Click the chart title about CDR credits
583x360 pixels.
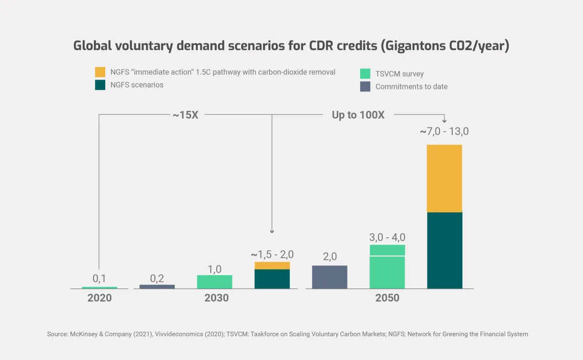click(x=291, y=46)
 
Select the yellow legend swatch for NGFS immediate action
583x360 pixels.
click(x=100, y=72)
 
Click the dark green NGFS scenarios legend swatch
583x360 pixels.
click(x=100, y=85)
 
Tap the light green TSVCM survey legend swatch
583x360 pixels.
click(x=365, y=74)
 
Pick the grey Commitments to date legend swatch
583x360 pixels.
click(x=365, y=86)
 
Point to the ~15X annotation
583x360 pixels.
click(x=185, y=115)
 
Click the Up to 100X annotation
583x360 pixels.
click(x=358, y=115)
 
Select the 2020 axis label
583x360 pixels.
click(x=99, y=298)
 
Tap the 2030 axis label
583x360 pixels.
click(x=216, y=298)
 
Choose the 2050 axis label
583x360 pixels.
click(x=387, y=298)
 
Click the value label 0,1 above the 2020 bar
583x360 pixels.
click(x=99, y=279)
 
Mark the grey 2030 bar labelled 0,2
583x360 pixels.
click(x=157, y=287)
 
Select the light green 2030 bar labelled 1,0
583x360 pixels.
click(x=215, y=282)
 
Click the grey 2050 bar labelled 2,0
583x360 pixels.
click(x=330, y=277)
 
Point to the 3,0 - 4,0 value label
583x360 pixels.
click(x=387, y=238)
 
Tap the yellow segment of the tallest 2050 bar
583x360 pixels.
click(x=445, y=178)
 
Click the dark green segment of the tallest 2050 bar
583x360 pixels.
click(x=445, y=251)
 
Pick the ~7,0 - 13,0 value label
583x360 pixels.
click(x=444, y=132)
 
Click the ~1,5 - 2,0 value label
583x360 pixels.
click(x=272, y=255)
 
